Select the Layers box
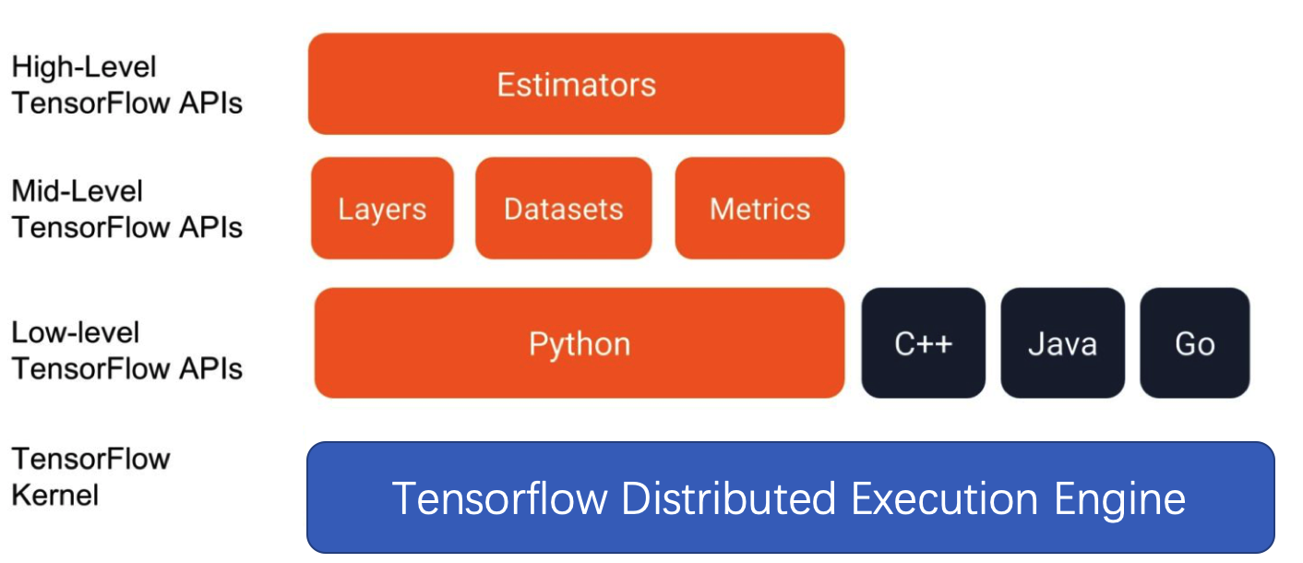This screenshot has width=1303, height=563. coord(382,209)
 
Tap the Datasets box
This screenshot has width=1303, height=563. coord(563,209)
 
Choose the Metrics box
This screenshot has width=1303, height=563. coord(759,209)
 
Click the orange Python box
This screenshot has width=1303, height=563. coord(579,343)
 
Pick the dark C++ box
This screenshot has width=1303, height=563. coord(923,343)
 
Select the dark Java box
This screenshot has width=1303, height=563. coord(1062,343)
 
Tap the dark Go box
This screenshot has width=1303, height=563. coord(1194,343)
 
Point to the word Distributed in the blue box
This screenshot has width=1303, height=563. coord(728,498)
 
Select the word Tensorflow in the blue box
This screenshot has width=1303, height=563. coord(499,498)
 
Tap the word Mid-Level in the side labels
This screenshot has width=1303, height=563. coord(78,192)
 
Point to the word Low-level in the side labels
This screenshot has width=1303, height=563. coord(76,332)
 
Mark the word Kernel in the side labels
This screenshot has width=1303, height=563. coord(54,495)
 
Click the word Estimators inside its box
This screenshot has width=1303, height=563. coord(576,85)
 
